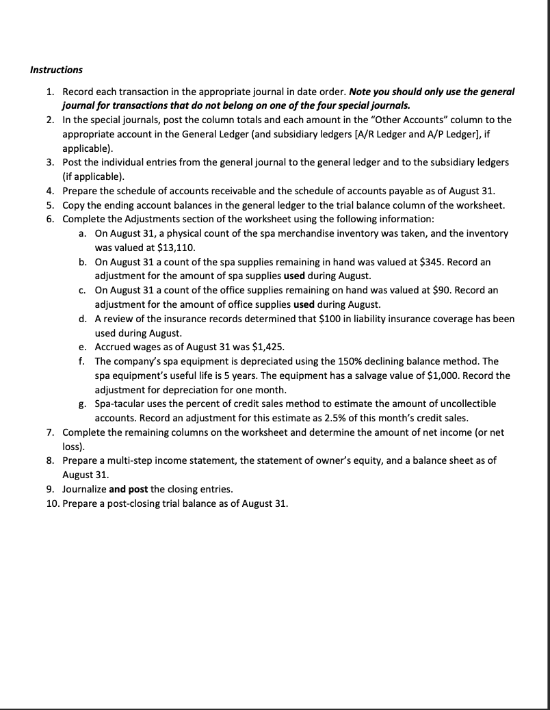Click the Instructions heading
tap(56, 70)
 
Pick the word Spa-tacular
tap(118, 404)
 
